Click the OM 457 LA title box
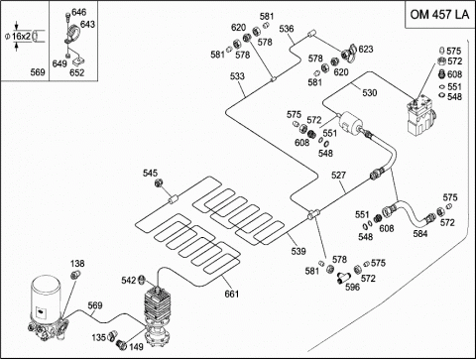pos(440,15)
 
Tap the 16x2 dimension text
pos(21,36)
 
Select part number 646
pos(79,12)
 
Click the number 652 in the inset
pos(77,72)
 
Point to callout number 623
pos(366,50)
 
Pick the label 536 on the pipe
pos(287,29)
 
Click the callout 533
pos(237,76)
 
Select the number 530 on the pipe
pos(370,93)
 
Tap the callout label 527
pos(338,176)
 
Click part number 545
pos(150,173)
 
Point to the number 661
pos(232,294)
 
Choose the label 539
pos(298,251)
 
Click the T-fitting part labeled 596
pos(342,278)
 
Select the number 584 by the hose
pos(420,234)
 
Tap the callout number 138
pos(77,264)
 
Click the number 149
pos(136,347)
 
